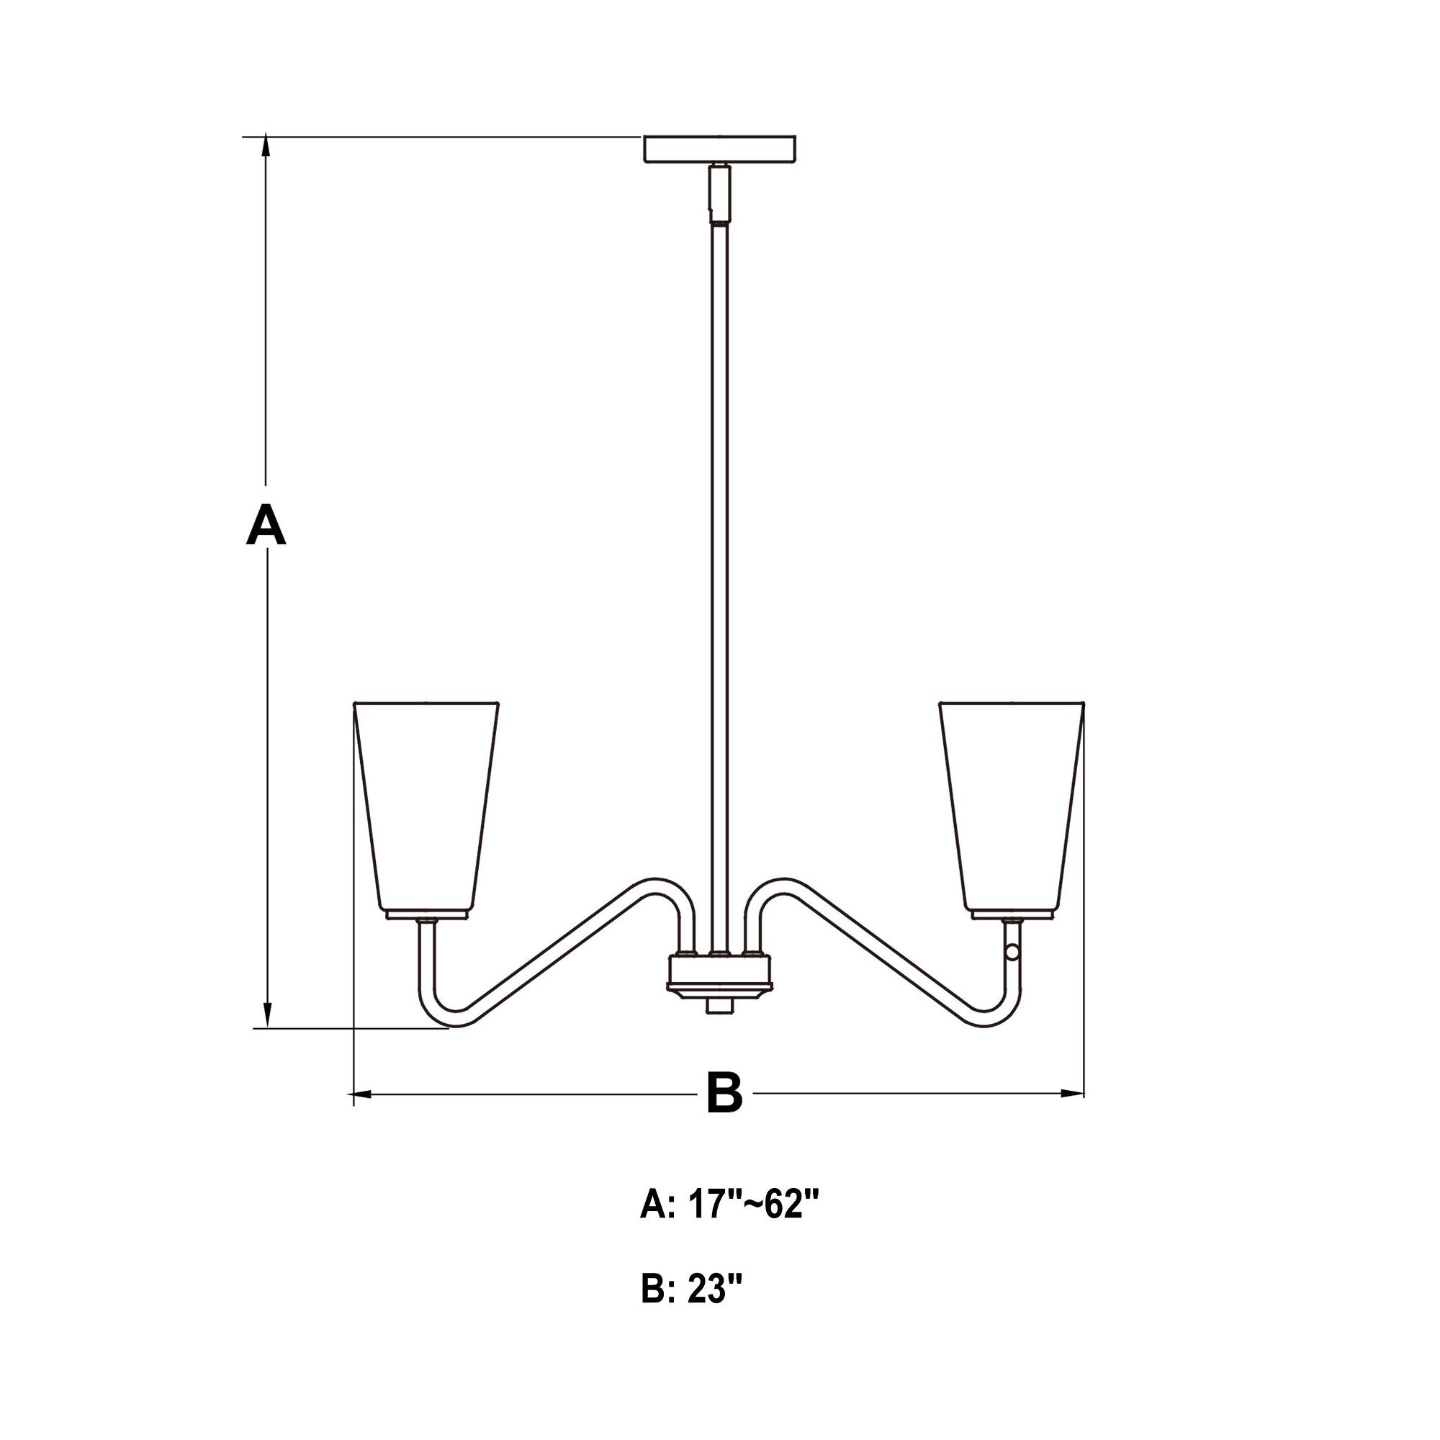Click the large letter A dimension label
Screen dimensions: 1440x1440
266,526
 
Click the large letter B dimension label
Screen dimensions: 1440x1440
724,1093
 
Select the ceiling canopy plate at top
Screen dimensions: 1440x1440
719,149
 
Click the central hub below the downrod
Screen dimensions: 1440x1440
719,973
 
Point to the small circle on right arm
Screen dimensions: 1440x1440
1012,952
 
